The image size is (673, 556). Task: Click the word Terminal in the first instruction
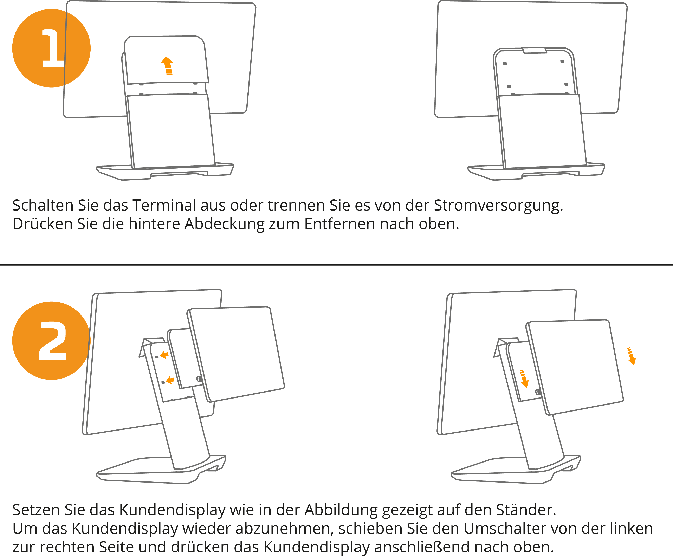[164, 205]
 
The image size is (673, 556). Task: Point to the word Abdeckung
[224, 224]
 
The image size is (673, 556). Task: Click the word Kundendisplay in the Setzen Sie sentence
[172, 510]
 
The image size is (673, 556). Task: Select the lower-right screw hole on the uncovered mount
[566, 84]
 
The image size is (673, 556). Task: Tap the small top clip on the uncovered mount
[535, 50]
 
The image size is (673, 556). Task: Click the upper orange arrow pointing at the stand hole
[164, 355]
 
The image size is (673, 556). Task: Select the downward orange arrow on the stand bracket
[524, 379]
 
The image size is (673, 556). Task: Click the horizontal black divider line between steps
[336, 265]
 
